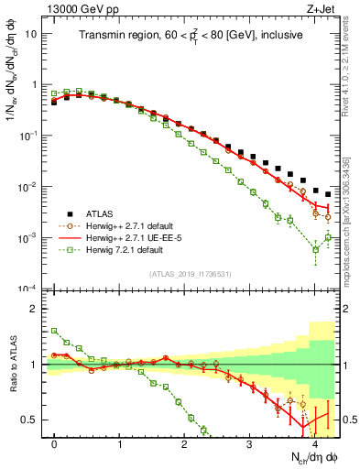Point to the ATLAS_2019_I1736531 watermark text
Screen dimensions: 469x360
coord(190,274)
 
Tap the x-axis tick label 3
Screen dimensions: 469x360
coord(250,444)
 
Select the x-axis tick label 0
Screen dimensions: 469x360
coord(55,444)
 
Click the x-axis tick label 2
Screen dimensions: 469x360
coord(185,444)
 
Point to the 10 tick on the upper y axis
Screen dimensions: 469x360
coord(33,33)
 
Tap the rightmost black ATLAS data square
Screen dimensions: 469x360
coord(327,194)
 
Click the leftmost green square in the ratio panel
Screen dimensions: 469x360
coord(55,331)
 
